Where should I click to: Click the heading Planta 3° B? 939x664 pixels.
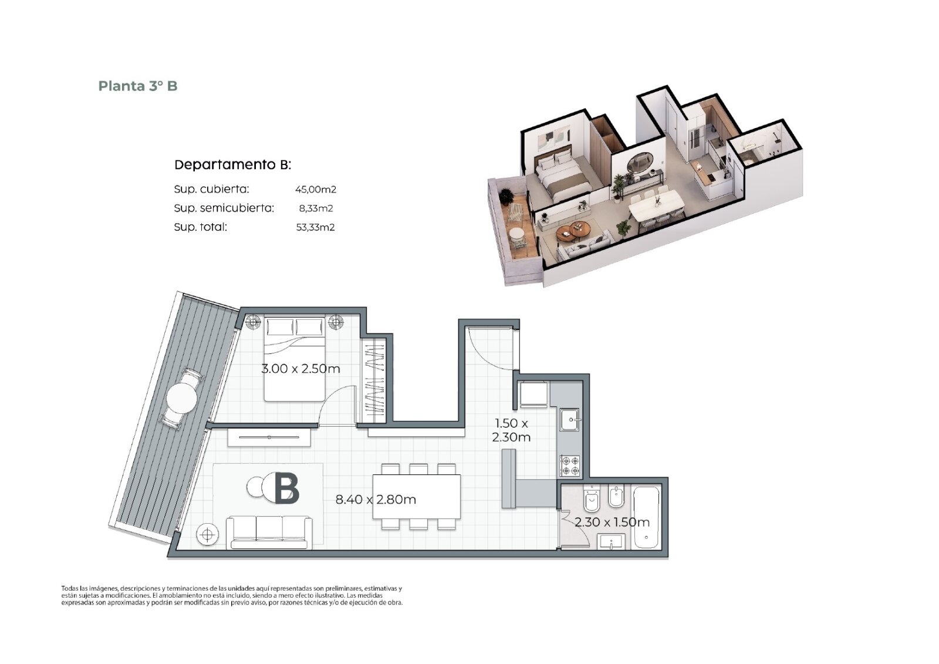[x=138, y=86]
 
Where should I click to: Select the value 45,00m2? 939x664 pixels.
[x=316, y=189]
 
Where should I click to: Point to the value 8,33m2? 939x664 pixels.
[x=316, y=208]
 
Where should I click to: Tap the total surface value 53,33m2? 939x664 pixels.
[x=316, y=227]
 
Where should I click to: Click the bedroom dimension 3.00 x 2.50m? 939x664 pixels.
[x=300, y=369]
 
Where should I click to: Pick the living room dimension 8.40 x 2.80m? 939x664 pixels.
[x=376, y=500]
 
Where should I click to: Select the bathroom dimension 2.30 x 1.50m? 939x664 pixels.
[x=612, y=523]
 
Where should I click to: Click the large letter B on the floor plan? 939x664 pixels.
[x=287, y=488]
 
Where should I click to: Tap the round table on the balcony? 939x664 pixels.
[x=181, y=397]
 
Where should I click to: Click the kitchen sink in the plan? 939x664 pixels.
[x=569, y=419]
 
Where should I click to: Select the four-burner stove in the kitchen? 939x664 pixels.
[x=570, y=466]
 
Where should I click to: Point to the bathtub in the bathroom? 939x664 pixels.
[x=646, y=517]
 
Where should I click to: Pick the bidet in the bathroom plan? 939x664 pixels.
[x=616, y=497]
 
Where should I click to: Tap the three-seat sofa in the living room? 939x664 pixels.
[x=269, y=532]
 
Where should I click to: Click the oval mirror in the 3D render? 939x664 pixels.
[x=640, y=163]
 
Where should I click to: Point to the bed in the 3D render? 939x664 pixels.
[x=561, y=175]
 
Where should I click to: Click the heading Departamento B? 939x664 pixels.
[x=232, y=165]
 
